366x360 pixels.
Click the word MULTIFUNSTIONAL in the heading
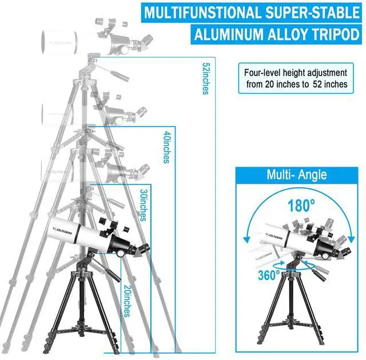(202, 13)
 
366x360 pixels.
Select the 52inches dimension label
(205, 78)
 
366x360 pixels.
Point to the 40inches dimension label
(166, 147)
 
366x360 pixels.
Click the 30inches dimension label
(144, 205)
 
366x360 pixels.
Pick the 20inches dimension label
(128, 301)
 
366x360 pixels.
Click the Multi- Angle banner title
(297, 175)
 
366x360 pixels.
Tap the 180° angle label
(301, 205)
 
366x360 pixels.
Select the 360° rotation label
(269, 275)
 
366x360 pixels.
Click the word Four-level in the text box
(262, 73)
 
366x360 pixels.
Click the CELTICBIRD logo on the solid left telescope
(62, 231)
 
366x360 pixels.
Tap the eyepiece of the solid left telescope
(143, 249)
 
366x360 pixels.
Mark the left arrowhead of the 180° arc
(246, 240)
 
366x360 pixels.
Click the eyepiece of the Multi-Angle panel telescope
(345, 251)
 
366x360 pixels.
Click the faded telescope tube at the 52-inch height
(59, 43)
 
